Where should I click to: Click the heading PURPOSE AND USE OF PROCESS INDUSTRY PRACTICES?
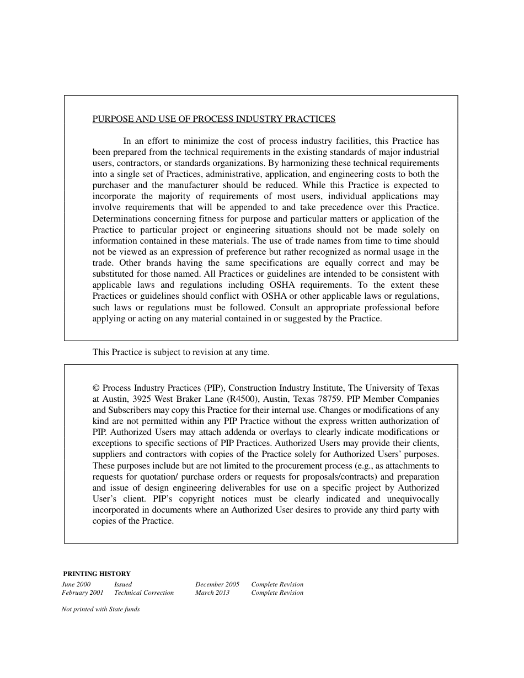[x=213, y=119]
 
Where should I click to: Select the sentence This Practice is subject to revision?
[x=181, y=352]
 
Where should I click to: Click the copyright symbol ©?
[x=96, y=388]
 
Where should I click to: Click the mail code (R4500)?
[x=241, y=399]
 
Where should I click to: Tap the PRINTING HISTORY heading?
[x=97, y=574]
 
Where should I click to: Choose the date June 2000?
[x=76, y=584]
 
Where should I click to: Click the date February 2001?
[x=82, y=593]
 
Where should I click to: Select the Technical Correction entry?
[x=143, y=593]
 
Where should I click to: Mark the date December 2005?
[x=217, y=584]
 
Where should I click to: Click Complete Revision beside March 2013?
[x=277, y=593]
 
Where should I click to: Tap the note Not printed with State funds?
[x=100, y=610]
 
